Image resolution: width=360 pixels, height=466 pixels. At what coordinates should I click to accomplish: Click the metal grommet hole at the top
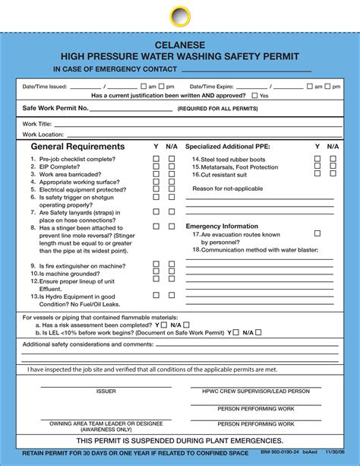click(x=180, y=16)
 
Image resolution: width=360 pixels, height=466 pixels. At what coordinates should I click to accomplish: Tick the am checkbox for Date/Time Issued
click(x=143, y=87)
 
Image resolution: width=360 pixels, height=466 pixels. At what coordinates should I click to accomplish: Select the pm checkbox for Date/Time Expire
click(x=327, y=87)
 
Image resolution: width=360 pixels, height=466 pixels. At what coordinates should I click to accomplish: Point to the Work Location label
click(x=37, y=135)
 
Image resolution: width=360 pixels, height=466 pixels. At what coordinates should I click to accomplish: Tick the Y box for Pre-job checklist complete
click(x=156, y=159)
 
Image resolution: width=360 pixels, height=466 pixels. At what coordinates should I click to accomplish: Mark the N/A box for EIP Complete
click(x=172, y=166)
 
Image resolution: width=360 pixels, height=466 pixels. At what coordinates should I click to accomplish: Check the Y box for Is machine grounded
click(x=156, y=272)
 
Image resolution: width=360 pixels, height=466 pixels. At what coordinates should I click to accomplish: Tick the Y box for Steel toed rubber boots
click(x=317, y=159)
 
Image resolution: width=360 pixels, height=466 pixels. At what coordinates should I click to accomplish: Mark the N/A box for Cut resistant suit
click(x=333, y=174)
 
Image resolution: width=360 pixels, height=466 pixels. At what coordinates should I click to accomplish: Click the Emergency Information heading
click(x=222, y=227)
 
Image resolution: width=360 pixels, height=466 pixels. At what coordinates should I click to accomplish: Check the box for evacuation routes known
click(x=317, y=234)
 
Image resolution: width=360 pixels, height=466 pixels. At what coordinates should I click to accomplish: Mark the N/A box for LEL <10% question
click(x=258, y=332)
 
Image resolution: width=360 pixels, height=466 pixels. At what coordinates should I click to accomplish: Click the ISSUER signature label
click(x=106, y=392)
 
